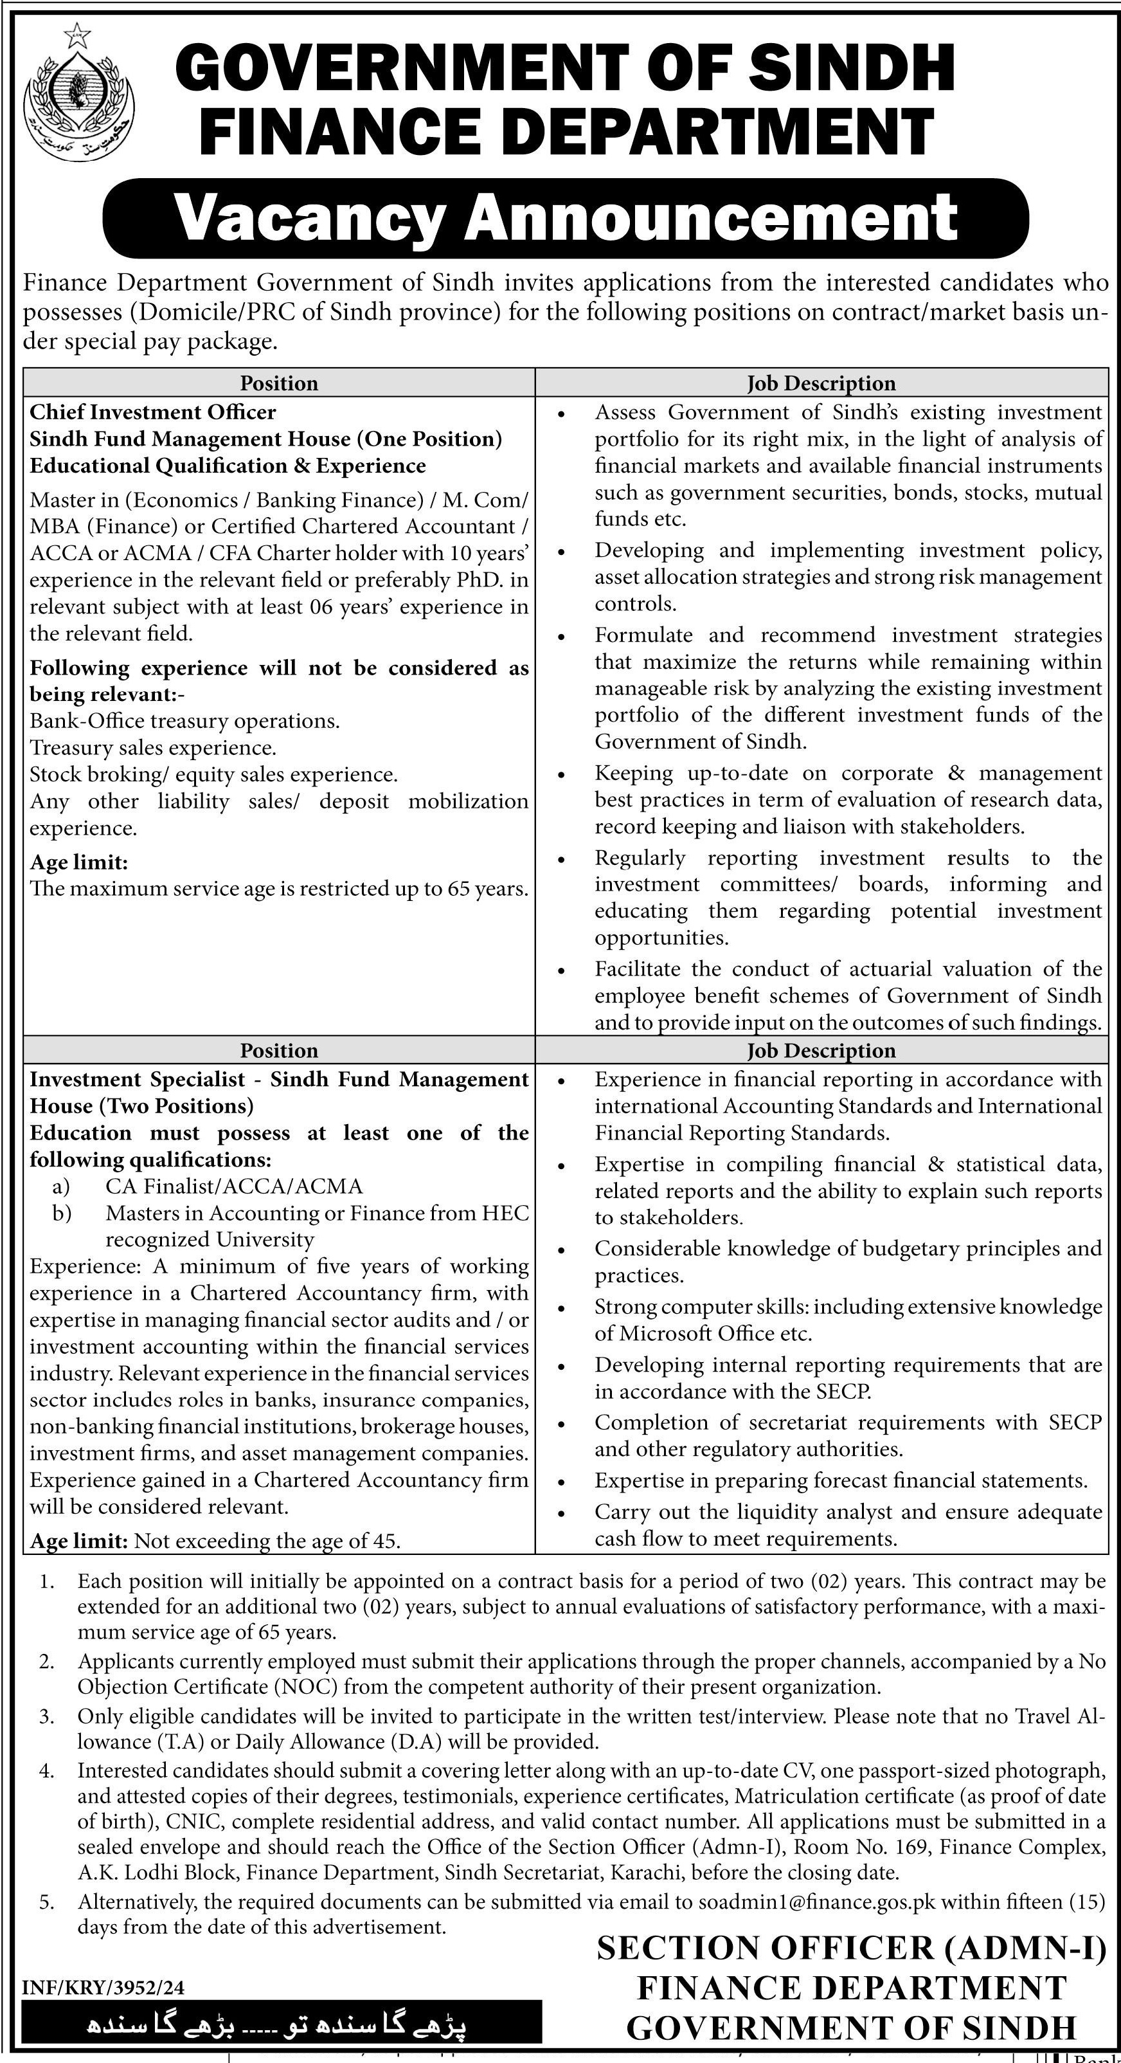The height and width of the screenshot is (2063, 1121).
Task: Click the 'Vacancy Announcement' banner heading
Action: click(565, 218)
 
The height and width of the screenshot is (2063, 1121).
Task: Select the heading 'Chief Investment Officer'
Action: click(153, 412)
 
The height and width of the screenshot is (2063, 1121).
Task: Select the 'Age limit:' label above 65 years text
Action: click(79, 862)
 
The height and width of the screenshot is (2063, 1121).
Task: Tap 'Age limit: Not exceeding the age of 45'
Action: click(215, 1540)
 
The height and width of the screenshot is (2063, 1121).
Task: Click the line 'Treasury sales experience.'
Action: click(153, 748)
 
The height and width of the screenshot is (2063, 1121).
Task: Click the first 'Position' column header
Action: click(279, 384)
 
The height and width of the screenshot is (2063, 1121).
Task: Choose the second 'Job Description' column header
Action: click(821, 1050)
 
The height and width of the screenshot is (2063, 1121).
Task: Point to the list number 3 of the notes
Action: click(46, 1716)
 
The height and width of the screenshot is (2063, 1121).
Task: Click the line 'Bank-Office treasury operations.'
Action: click(185, 721)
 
